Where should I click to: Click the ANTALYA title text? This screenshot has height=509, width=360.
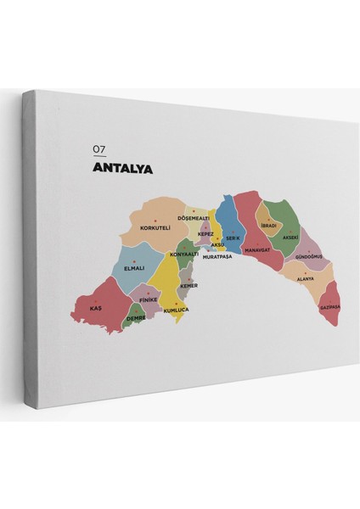click(121, 168)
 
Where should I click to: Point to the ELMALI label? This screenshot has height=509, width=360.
click(134, 268)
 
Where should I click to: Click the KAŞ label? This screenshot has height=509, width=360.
click(95, 308)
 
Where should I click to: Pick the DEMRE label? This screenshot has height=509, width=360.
click(136, 318)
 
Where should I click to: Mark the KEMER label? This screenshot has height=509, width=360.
click(188, 285)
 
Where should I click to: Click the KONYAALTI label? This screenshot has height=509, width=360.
click(183, 255)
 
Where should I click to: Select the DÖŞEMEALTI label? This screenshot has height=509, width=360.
click(194, 217)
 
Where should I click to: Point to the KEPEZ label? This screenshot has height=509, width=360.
click(205, 233)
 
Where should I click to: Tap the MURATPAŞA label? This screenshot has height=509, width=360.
click(217, 255)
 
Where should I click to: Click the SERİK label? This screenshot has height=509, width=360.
click(234, 239)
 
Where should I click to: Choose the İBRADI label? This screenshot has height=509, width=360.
click(268, 226)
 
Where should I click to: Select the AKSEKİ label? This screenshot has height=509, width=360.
click(290, 238)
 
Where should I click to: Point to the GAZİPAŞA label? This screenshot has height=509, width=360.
click(329, 307)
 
